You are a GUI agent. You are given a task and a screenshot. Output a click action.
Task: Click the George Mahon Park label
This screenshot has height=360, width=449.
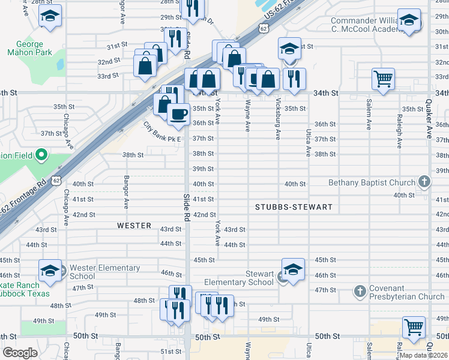[x=25, y=48]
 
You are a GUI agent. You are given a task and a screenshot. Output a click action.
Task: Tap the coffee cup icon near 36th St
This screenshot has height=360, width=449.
[x=177, y=114]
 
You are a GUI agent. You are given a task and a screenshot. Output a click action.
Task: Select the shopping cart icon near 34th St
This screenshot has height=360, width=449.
[x=383, y=78]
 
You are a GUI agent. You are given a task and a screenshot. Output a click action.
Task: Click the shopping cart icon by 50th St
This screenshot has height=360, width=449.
[x=414, y=327]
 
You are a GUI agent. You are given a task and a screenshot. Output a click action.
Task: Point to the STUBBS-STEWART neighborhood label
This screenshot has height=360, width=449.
[x=294, y=207]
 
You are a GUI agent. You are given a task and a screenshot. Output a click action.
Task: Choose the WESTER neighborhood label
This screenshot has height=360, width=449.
[x=134, y=226]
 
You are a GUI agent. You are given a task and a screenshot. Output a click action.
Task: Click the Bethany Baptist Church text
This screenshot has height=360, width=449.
[x=372, y=182]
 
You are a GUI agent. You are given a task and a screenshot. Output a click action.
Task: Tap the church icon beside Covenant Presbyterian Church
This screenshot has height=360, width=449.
[x=360, y=291]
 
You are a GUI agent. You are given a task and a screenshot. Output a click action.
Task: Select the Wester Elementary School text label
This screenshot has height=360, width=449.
[x=104, y=272]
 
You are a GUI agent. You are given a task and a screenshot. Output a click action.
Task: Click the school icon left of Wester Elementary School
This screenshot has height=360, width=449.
[x=50, y=270]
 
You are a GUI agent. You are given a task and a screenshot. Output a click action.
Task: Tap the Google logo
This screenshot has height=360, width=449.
[x=20, y=353]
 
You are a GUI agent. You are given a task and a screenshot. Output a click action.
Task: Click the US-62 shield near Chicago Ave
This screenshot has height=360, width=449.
[x=56, y=179]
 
